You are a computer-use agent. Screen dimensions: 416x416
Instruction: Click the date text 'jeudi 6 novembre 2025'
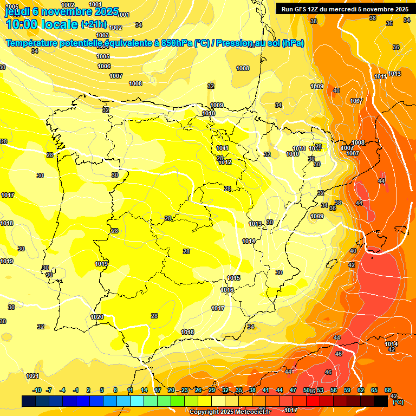point(62,11)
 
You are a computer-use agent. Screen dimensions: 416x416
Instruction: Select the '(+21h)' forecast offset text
point(94,24)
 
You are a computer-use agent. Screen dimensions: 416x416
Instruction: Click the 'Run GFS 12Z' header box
point(343,9)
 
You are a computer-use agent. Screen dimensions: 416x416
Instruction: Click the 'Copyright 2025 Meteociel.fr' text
point(230,412)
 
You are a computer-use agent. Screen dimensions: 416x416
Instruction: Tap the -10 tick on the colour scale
point(37,390)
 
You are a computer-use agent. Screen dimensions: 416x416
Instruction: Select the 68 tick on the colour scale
point(388,390)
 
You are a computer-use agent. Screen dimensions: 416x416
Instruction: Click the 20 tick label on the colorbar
point(171,390)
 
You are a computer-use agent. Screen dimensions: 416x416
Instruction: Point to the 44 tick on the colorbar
point(279,390)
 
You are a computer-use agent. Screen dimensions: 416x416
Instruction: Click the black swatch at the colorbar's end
point(381,401)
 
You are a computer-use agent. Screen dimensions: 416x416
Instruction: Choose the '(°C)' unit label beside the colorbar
point(398,402)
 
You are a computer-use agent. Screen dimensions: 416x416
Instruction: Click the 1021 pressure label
point(32,376)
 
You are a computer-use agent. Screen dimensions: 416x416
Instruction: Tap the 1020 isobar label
point(97,317)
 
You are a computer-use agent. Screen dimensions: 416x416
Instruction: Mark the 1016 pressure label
point(227,290)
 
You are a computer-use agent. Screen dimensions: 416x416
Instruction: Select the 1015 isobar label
point(233,278)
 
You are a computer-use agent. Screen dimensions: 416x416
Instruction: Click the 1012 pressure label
point(225,162)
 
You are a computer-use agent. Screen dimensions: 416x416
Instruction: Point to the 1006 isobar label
point(104,66)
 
